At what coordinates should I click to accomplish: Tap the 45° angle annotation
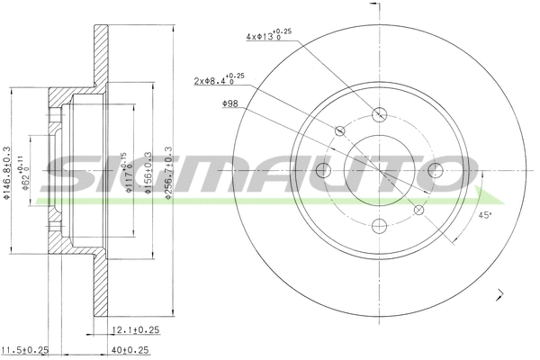click(486, 215)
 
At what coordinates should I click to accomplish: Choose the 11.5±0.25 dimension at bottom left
click(24, 349)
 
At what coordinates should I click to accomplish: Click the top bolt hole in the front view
click(379, 114)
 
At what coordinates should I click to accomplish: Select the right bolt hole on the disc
click(436, 171)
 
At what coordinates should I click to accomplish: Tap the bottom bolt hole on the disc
click(379, 227)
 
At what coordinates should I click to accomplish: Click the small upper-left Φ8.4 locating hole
click(339, 131)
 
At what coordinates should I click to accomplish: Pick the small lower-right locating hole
click(418, 211)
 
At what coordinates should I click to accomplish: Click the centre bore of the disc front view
click(379, 171)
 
